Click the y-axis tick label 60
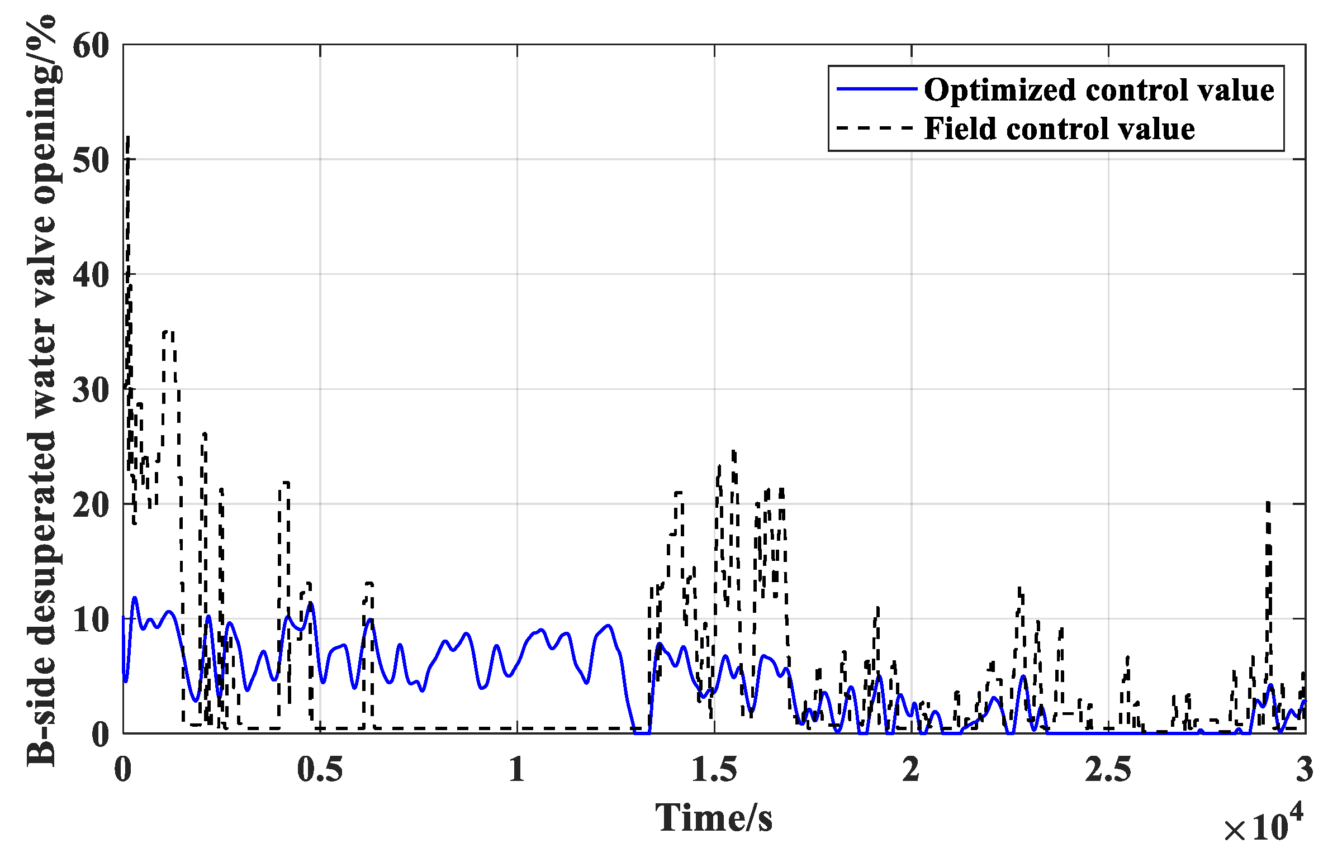(x=91, y=46)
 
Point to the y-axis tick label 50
(x=91, y=161)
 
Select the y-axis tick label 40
(x=91, y=275)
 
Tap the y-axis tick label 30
(x=91, y=390)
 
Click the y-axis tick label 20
(x=91, y=505)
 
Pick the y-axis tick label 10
(x=91, y=620)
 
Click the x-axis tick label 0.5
(x=320, y=770)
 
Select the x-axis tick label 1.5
(x=714, y=770)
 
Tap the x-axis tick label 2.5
(x=1108, y=770)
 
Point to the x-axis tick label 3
(x=1305, y=770)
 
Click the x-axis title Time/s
(x=714, y=818)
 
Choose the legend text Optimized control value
(x=1099, y=89)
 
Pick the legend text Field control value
(x=1059, y=128)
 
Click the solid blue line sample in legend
(x=876, y=89)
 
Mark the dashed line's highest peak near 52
(x=129, y=137)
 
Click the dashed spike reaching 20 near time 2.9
(x=1268, y=504)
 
